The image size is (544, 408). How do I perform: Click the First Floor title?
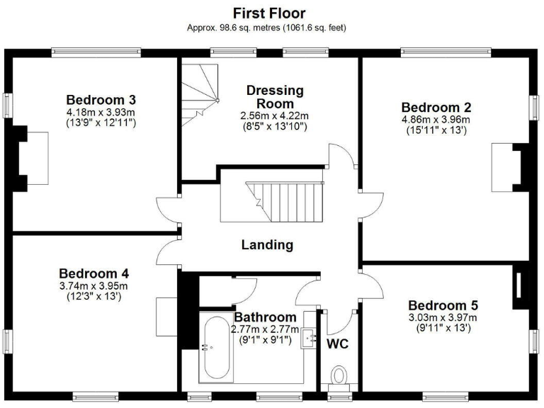pos(269,13)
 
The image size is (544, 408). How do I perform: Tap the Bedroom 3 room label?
pos(101,99)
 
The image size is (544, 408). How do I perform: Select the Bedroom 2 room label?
pos(436,107)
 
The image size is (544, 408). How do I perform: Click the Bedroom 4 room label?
pos(93,273)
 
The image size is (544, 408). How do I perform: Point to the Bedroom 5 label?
pos(443,305)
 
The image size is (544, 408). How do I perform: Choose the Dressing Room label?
pos(275,96)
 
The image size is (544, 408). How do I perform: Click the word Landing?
pos(267,245)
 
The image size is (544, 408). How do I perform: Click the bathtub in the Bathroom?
pos(214,348)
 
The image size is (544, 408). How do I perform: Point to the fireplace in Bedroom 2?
pos(509,166)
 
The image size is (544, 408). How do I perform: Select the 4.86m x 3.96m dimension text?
pos(436,119)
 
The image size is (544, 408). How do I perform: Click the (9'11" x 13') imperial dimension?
pos(443,328)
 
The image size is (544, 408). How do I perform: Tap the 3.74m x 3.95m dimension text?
pos(93,285)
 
